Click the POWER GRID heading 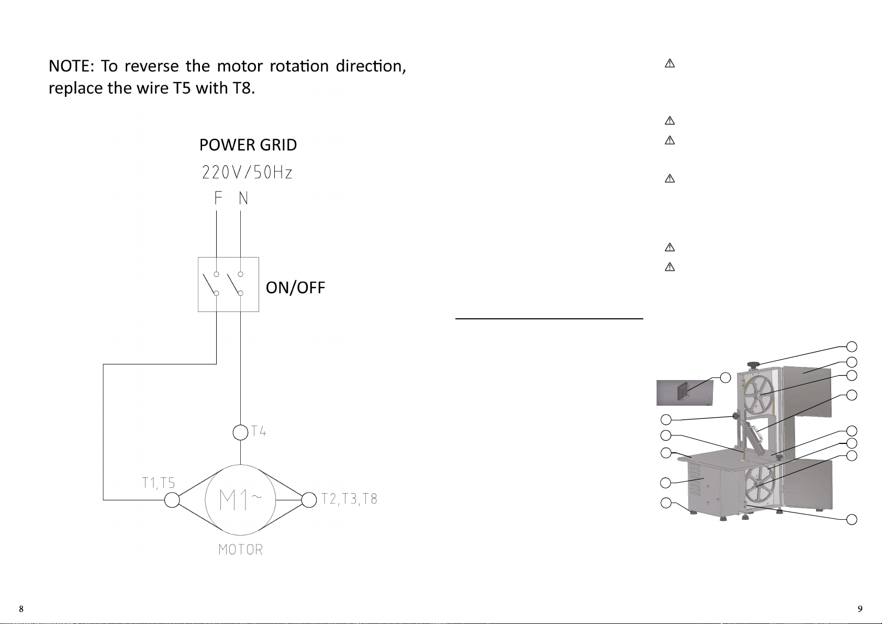tap(248, 145)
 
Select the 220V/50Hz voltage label tap(247, 172)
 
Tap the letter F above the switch tap(218, 198)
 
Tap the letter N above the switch tap(243, 198)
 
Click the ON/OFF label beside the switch tap(295, 287)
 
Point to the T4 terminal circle tap(240, 433)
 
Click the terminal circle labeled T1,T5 tap(172, 500)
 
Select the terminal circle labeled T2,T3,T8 tap(309, 500)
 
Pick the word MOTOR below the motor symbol tap(240, 550)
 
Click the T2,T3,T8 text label tap(349, 499)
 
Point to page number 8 tap(21, 608)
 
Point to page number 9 tap(860, 608)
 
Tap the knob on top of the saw tap(753, 365)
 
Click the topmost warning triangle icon tap(669, 64)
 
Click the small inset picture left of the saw tap(685, 393)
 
